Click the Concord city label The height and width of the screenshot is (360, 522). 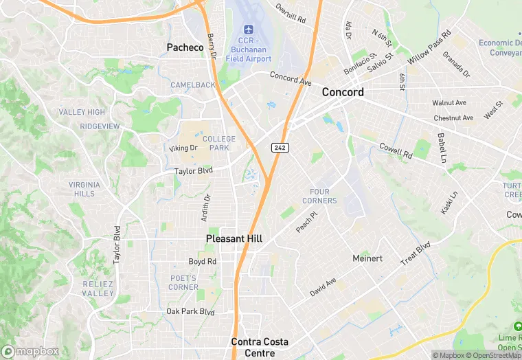coord(343,92)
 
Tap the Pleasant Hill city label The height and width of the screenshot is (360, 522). coord(234,238)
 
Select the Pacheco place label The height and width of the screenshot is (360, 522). coord(185,47)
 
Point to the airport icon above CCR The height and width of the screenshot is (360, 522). coord(249,30)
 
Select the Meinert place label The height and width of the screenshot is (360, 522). coord(367,258)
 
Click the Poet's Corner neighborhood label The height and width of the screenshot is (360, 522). coord(183,282)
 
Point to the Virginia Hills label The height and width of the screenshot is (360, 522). coord(84,189)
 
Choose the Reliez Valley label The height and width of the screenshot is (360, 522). coord(98,289)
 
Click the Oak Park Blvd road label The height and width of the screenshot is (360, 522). coord(191,312)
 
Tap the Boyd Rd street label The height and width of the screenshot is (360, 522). coord(203,262)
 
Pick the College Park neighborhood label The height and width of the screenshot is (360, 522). coord(219,143)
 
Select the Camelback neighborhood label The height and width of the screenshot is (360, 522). coord(193,85)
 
